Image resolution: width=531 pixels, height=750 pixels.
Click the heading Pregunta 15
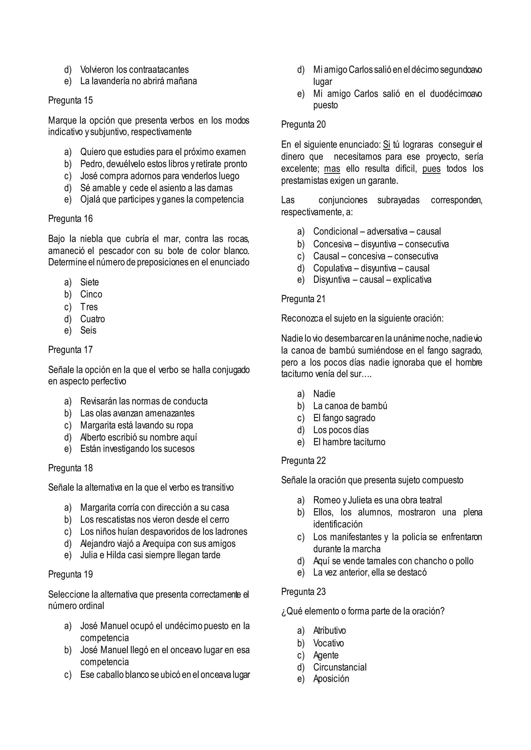point(70,100)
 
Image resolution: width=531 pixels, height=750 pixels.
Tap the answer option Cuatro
point(93,319)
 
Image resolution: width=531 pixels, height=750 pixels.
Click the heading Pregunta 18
point(70,468)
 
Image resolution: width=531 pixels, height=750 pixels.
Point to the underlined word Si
point(387,145)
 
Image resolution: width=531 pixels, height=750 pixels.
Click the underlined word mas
point(332,169)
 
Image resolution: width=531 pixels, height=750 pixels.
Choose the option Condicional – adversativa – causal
point(377,231)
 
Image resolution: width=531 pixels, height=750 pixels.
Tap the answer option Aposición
point(331,679)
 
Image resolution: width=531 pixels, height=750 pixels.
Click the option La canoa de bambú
point(350,406)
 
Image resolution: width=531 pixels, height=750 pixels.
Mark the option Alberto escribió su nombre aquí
point(138,437)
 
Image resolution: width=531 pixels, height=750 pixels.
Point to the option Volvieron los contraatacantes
point(134,70)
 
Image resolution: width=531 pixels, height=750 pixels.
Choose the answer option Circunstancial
point(340,667)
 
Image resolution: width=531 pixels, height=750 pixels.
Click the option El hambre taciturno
point(349,442)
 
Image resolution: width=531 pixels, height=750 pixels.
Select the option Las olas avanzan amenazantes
point(137,413)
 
